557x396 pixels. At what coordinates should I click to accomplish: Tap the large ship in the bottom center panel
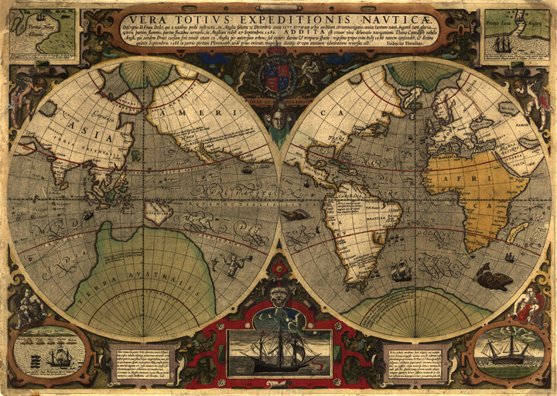coord(278,346)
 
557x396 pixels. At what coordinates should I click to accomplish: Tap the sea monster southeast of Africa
coord(493,276)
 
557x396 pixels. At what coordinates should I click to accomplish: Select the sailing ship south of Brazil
coord(400,270)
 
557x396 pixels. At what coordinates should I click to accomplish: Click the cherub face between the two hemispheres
coord(279,117)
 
